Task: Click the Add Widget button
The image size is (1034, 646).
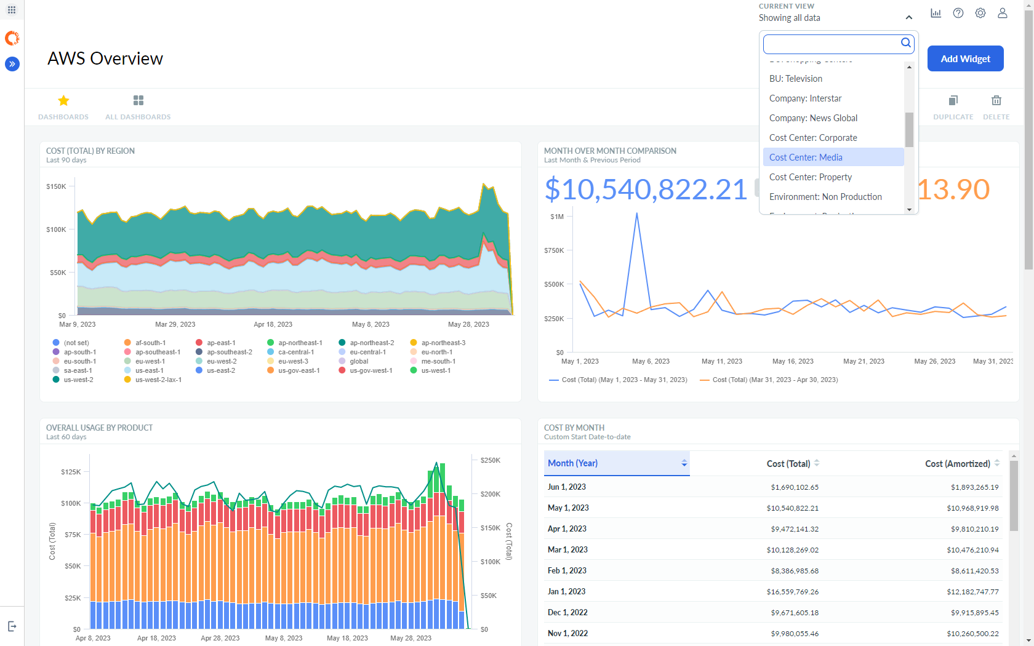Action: pos(965,58)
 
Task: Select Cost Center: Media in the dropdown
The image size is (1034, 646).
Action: pos(806,158)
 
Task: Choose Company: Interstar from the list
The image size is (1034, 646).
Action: pos(805,98)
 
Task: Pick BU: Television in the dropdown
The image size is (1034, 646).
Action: pos(795,79)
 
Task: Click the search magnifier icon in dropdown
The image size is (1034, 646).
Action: pos(905,42)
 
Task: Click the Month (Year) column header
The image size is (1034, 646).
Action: pos(573,463)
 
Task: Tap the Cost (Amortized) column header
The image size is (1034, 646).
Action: pos(957,464)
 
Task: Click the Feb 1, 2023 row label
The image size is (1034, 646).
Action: pos(567,571)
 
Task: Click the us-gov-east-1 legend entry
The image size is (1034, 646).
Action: pos(299,370)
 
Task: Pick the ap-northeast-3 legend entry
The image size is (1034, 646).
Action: pos(443,343)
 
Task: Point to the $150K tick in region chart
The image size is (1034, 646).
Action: pos(57,186)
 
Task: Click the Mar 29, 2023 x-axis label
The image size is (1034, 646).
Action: pos(175,324)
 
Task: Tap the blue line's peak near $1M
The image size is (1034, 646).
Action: pos(636,213)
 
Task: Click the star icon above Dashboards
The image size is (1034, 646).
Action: pos(63,100)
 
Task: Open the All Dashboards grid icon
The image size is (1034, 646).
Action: pos(138,100)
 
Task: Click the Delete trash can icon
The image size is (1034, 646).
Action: pos(996,100)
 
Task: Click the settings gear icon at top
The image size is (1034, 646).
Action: pos(980,13)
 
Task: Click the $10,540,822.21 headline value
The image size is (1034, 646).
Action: pos(646,189)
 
